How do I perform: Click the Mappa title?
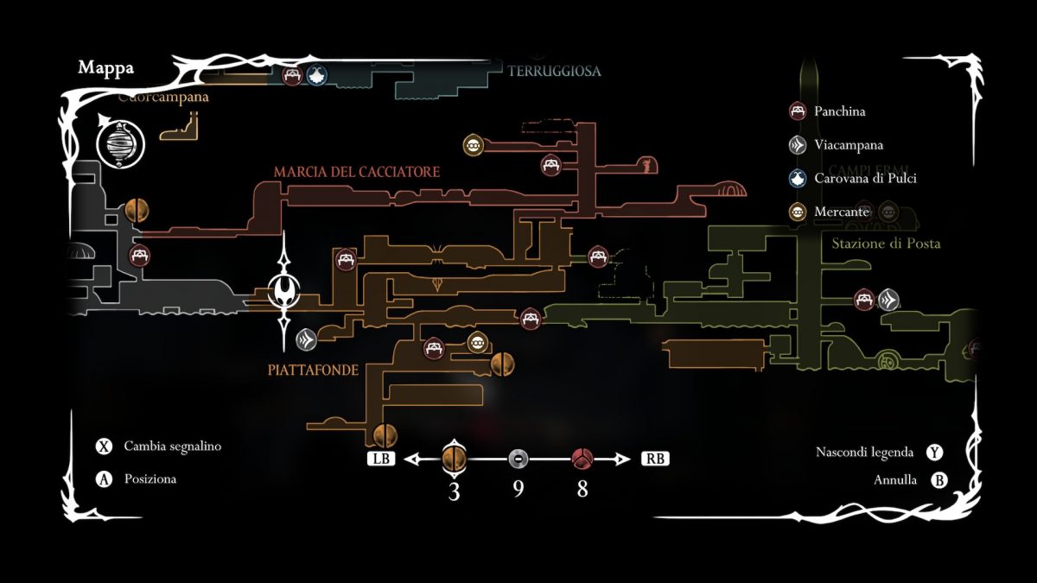click(x=105, y=68)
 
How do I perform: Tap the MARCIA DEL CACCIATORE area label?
click(x=357, y=173)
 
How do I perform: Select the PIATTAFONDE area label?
click(x=312, y=369)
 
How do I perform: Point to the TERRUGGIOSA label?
click(x=554, y=71)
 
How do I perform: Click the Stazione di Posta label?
click(x=886, y=244)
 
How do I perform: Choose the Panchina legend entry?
click(x=839, y=111)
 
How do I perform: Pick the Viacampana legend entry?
click(x=848, y=145)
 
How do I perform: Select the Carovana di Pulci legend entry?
click(x=865, y=179)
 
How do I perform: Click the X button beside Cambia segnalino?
click(x=105, y=447)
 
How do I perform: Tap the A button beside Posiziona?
click(x=105, y=478)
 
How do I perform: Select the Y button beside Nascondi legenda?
click(x=934, y=452)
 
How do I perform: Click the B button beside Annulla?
click(x=938, y=481)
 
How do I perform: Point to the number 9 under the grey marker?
click(x=518, y=489)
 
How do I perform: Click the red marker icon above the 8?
click(x=582, y=459)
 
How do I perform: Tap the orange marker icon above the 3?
click(x=455, y=457)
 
